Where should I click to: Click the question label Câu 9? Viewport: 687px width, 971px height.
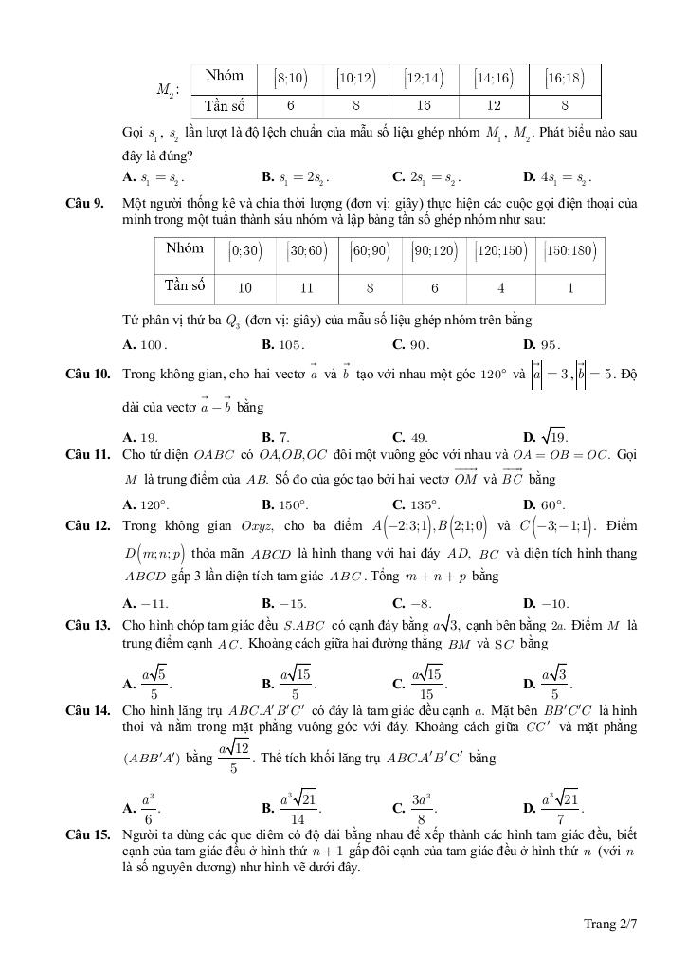point(84,203)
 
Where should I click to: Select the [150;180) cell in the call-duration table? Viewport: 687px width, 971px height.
point(570,250)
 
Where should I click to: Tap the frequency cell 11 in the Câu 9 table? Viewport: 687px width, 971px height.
point(306,287)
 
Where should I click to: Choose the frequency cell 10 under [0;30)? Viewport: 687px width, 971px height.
point(244,287)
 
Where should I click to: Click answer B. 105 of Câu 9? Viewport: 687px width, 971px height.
point(283,345)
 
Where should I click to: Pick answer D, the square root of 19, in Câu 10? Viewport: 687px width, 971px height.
point(545,437)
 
